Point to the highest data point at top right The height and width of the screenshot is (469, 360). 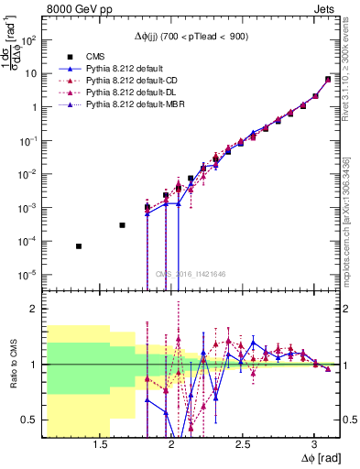(x=328, y=79)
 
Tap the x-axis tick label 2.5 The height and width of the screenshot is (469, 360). (x=242, y=446)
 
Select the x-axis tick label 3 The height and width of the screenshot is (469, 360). (x=314, y=446)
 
